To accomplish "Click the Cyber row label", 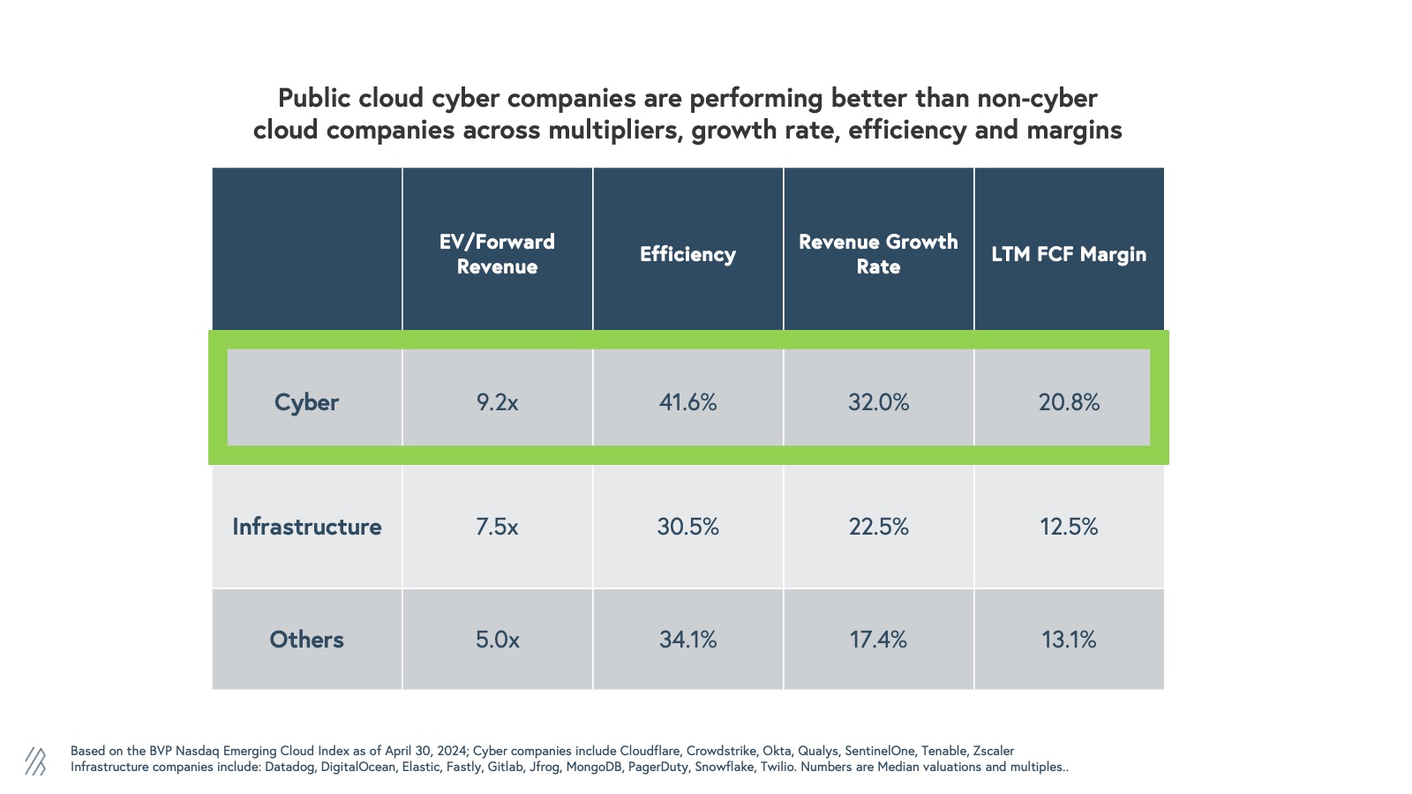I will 306,402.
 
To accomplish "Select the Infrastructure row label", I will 306,527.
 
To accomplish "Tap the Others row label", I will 306,640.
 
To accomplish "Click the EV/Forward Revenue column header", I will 497,254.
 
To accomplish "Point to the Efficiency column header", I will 687,254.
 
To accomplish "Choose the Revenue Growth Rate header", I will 878,254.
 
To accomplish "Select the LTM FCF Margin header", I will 1069,254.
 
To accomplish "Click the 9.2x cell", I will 497,402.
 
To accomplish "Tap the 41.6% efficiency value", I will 687,402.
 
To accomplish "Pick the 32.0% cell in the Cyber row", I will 878,402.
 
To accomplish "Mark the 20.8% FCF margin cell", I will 1069,402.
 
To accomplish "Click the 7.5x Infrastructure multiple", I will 497,527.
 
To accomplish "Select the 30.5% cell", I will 687,527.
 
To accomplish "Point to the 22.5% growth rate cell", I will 878,527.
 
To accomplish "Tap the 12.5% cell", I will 1069,527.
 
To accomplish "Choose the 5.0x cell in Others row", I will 497,640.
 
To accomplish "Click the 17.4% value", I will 878,640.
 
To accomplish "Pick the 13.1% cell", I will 1069,640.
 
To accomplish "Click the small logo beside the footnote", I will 35,760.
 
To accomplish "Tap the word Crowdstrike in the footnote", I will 721,751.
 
